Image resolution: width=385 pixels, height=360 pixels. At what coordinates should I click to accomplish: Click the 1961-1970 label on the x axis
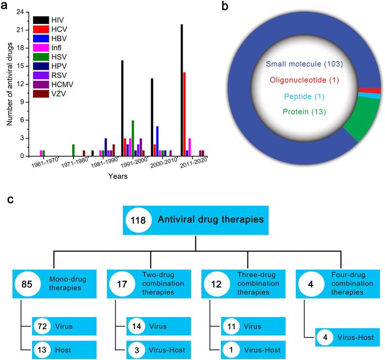45,163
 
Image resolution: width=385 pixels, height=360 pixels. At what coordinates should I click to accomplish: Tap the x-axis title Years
118,176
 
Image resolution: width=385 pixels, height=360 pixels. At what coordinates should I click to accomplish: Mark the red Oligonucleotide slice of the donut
376,90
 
